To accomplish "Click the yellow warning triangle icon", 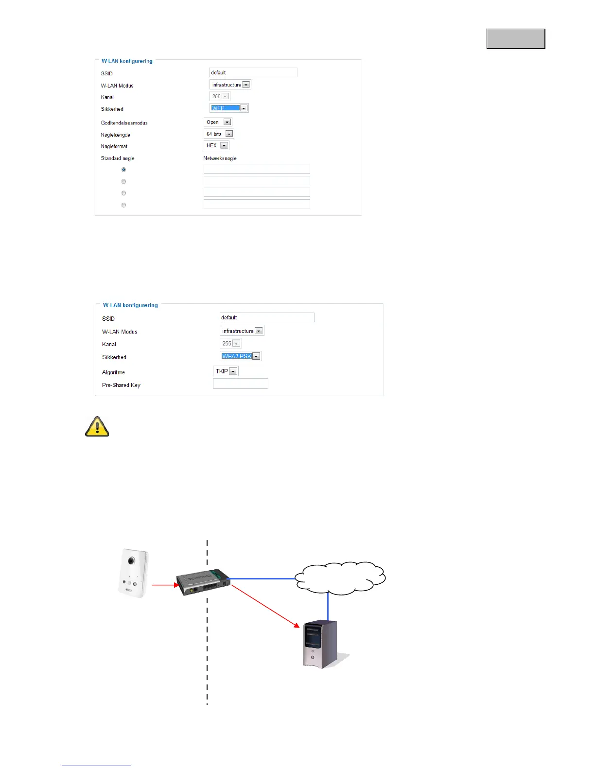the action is (97, 426).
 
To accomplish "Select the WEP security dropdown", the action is (229, 108).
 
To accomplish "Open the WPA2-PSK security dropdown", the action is (241, 356).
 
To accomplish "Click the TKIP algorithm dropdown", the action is (226, 371).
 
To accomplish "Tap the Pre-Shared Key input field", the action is (241, 384).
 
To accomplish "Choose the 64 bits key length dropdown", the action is (219, 134).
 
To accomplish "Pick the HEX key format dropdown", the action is (216, 145).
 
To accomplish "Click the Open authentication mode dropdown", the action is (218, 122).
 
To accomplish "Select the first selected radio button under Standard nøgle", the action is (123, 170).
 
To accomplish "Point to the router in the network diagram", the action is (203, 582).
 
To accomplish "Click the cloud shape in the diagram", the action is (340, 577).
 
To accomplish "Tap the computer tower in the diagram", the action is (319, 644).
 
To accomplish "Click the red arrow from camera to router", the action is (165, 585).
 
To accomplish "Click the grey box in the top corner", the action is (516, 38).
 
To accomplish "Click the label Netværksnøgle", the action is (220, 158).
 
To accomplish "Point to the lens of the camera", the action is (131, 560).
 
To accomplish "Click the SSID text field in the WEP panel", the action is (253, 72).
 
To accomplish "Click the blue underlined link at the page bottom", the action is (96, 766).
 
